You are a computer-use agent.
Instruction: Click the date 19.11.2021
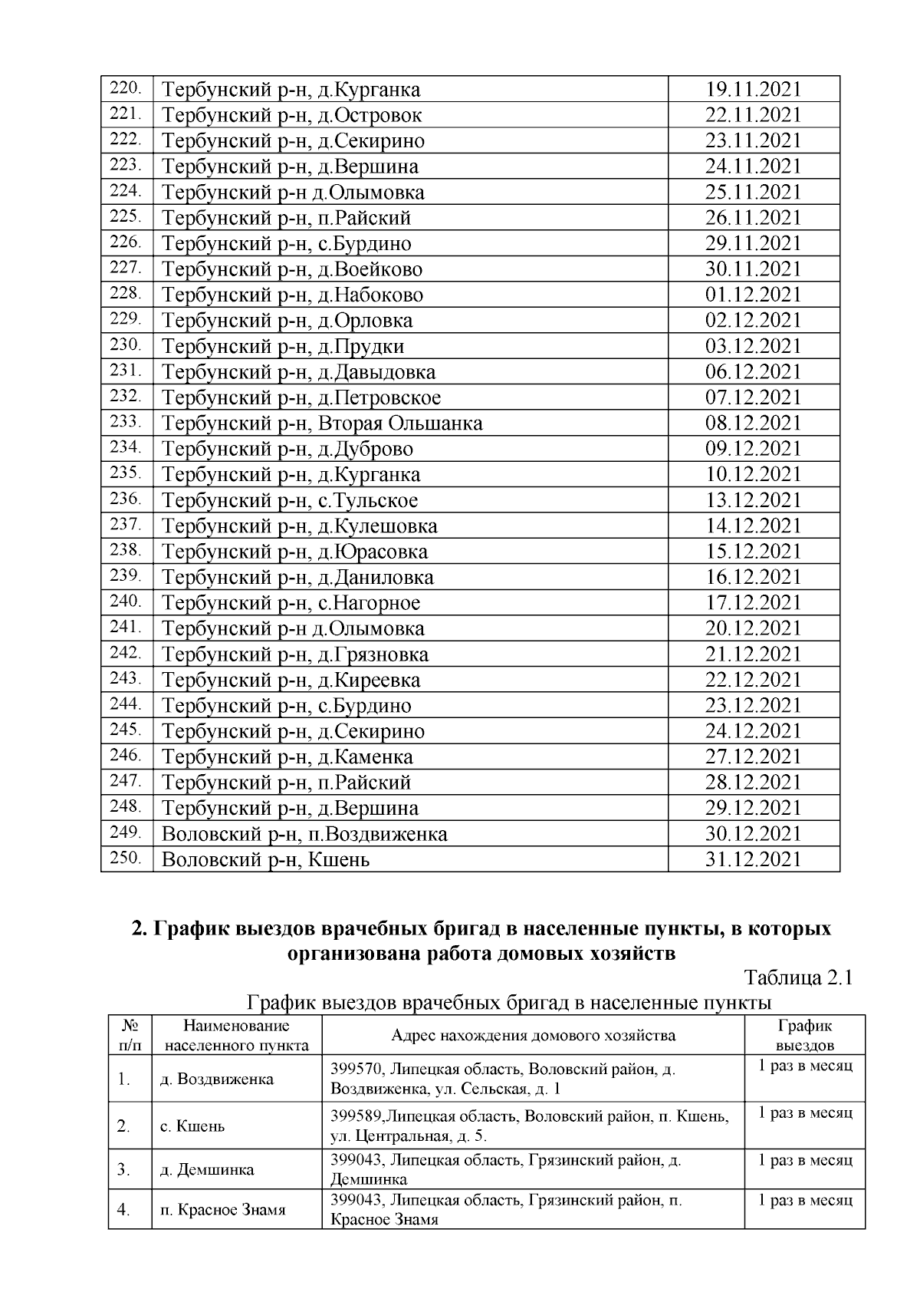coord(753,90)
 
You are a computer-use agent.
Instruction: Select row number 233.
coord(126,421)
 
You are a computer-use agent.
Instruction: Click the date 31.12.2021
coord(753,859)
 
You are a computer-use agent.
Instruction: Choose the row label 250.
coord(126,858)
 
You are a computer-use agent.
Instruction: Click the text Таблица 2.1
coord(798,978)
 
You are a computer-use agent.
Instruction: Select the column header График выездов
coord(804,1035)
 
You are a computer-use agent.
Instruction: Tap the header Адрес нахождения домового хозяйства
coord(533,1036)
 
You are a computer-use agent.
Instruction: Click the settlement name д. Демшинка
coord(207,1170)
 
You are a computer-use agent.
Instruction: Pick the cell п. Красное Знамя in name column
coord(222,1210)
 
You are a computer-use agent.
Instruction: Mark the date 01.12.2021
coord(753,295)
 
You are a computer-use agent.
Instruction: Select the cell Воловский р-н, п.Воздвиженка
coord(304,834)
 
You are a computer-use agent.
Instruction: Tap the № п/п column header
coord(130,1035)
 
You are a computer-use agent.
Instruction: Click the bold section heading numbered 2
coord(481,941)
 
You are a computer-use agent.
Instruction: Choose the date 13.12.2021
coord(753,500)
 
